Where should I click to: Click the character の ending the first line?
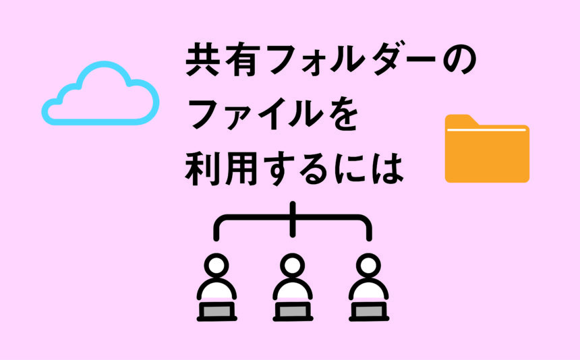click(x=459, y=61)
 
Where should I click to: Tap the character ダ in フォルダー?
click(x=377, y=60)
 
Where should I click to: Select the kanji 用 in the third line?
click(x=242, y=170)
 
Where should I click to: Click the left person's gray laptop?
click(x=216, y=311)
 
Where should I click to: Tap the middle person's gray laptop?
click(x=293, y=311)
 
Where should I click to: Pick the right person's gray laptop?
click(x=369, y=311)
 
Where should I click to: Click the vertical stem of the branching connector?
click(x=293, y=219)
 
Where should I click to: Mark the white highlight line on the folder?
click(x=486, y=130)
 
